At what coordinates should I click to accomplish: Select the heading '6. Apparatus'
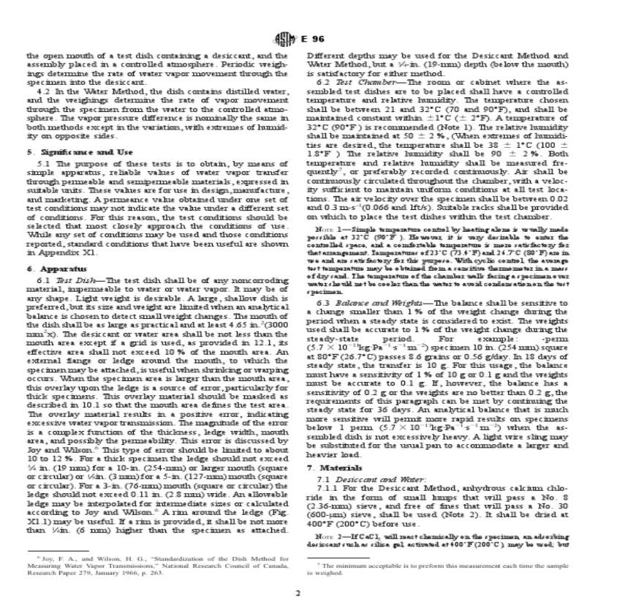tap(52, 269)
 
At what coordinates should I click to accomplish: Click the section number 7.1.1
tap(328, 487)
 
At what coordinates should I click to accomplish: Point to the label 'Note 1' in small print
tap(329, 229)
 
